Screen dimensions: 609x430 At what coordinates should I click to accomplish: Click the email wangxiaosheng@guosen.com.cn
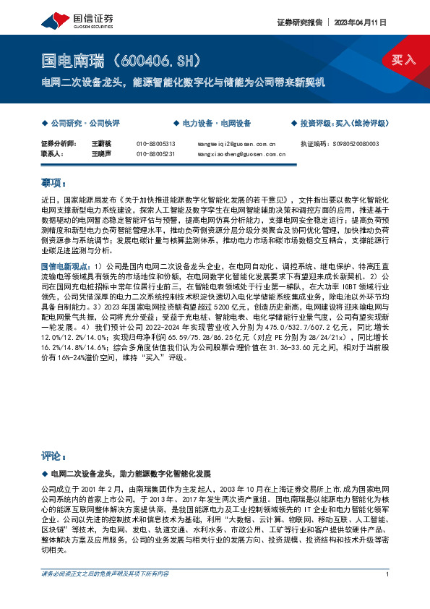[241, 154]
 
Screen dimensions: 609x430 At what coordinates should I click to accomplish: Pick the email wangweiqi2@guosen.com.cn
[236, 144]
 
